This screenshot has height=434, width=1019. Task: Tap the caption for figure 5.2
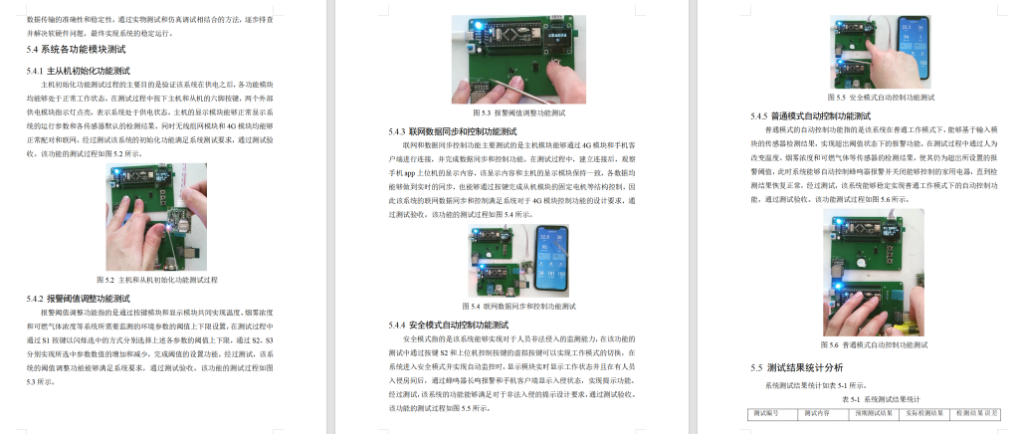[x=160, y=279]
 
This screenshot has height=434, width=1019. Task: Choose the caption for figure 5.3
[x=514, y=113]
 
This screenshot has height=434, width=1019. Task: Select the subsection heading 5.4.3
[x=452, y=131]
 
